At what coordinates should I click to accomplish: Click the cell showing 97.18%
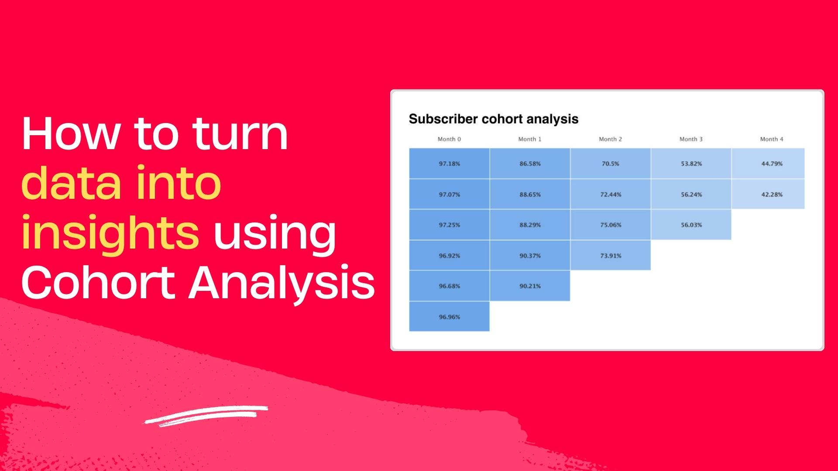coord(449,164)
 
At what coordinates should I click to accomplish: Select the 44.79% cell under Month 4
coord(771,164)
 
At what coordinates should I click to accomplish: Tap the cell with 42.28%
coord(771,195)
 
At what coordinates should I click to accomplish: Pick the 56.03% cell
coord(691,225)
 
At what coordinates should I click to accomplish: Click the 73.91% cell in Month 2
coord(610,256)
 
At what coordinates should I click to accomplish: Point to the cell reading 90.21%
coord(529,286)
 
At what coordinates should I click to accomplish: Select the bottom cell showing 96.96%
coord(449,317)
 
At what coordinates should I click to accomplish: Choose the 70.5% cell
coord(610,164)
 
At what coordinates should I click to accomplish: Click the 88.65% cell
coord(529,195)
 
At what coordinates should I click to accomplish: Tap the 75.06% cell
coord(610,225)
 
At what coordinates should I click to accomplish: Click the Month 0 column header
coord(449,139)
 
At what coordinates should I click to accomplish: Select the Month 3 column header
coord(691,139)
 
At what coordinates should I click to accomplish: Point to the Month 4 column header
coord(771,139)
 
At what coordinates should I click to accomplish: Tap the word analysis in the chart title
coord(552,119)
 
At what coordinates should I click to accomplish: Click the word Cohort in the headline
coord(98,283)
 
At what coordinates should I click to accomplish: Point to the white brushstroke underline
coord(206,415)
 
